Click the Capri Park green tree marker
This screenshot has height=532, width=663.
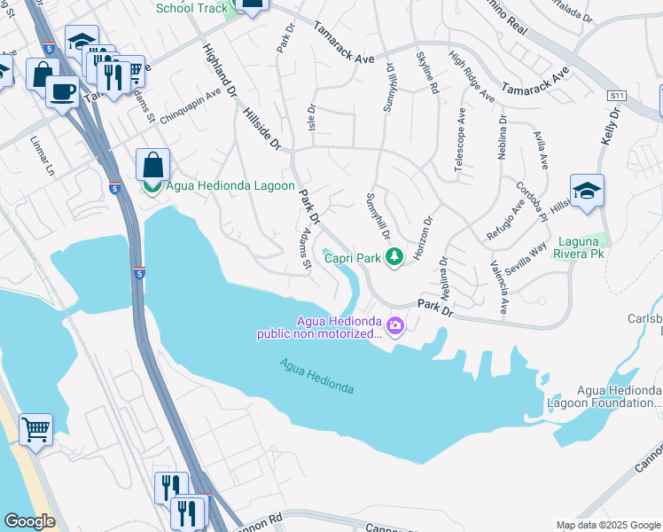[395, 258]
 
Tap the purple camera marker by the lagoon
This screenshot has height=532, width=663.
[394, 327]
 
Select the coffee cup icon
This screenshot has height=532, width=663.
[61, 90]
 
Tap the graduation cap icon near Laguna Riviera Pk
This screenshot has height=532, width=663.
[587, 191]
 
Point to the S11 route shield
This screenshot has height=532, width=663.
[618, 95]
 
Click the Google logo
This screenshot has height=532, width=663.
[30, 520]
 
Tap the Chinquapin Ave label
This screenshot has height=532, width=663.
[190, 106]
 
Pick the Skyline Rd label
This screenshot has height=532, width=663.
[427, 73]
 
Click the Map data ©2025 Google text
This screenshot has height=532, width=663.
[607, 525]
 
